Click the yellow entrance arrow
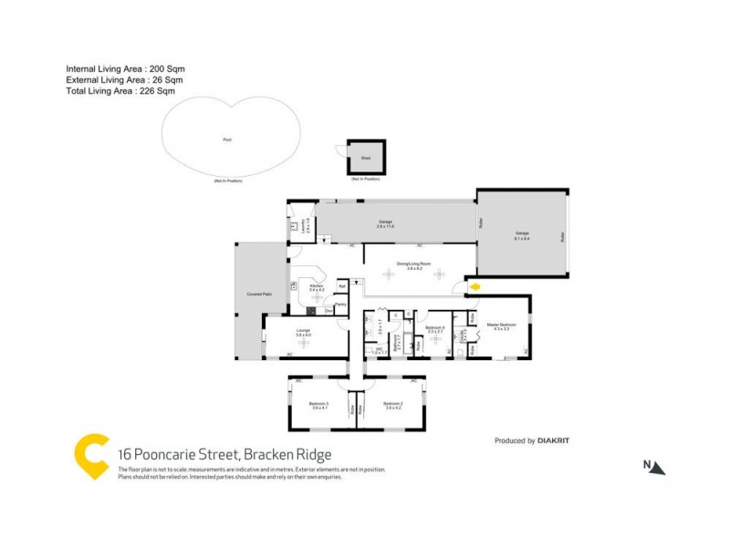[474, 288]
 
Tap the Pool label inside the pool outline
[227, 139]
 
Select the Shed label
[365, 158]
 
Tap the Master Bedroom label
[503, 325]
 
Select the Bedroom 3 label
[319, 405]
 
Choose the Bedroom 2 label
[392, 405]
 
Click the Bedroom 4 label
[435, 327]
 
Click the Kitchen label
[317, 286]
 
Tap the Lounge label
[304, 333]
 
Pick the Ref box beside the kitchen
[341, 285]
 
